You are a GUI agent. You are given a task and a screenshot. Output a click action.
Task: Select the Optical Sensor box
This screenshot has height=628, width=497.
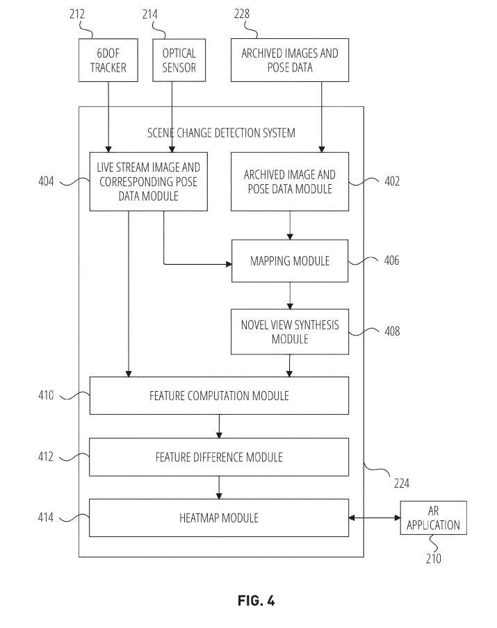tap(179, 60)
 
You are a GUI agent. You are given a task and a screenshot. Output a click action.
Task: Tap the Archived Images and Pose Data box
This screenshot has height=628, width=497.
tap(290, 60)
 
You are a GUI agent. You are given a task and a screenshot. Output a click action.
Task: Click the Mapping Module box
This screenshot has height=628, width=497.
tap(289, 261)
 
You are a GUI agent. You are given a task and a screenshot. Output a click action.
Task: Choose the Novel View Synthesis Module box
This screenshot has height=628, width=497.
tap(289, 331)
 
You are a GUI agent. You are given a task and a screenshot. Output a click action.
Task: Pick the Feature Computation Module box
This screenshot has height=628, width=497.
tap(219, 396)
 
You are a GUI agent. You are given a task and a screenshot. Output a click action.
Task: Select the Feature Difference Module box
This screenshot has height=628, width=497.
tap(219, 457)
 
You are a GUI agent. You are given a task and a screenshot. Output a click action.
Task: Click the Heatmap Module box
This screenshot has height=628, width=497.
tap(219, 518)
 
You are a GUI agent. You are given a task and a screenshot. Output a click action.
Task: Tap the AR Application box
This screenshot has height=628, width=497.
tap(434, 518)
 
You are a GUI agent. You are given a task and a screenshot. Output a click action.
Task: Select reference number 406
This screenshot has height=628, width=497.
tap(392, 261)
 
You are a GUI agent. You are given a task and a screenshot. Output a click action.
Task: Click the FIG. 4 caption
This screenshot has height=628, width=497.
tap(256, 601)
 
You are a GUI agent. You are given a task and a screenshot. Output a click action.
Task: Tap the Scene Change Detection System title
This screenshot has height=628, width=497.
tap(221, 133)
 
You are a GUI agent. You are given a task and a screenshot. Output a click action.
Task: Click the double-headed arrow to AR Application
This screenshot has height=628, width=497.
tap(375, 518)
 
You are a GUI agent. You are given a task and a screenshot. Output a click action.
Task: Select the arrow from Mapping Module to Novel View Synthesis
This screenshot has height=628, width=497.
tap(290, 295)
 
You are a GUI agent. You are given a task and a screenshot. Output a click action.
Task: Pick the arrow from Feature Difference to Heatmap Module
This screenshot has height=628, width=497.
tap(219, 488)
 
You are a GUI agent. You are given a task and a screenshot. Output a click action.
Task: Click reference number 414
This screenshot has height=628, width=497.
tap(46, 518)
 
